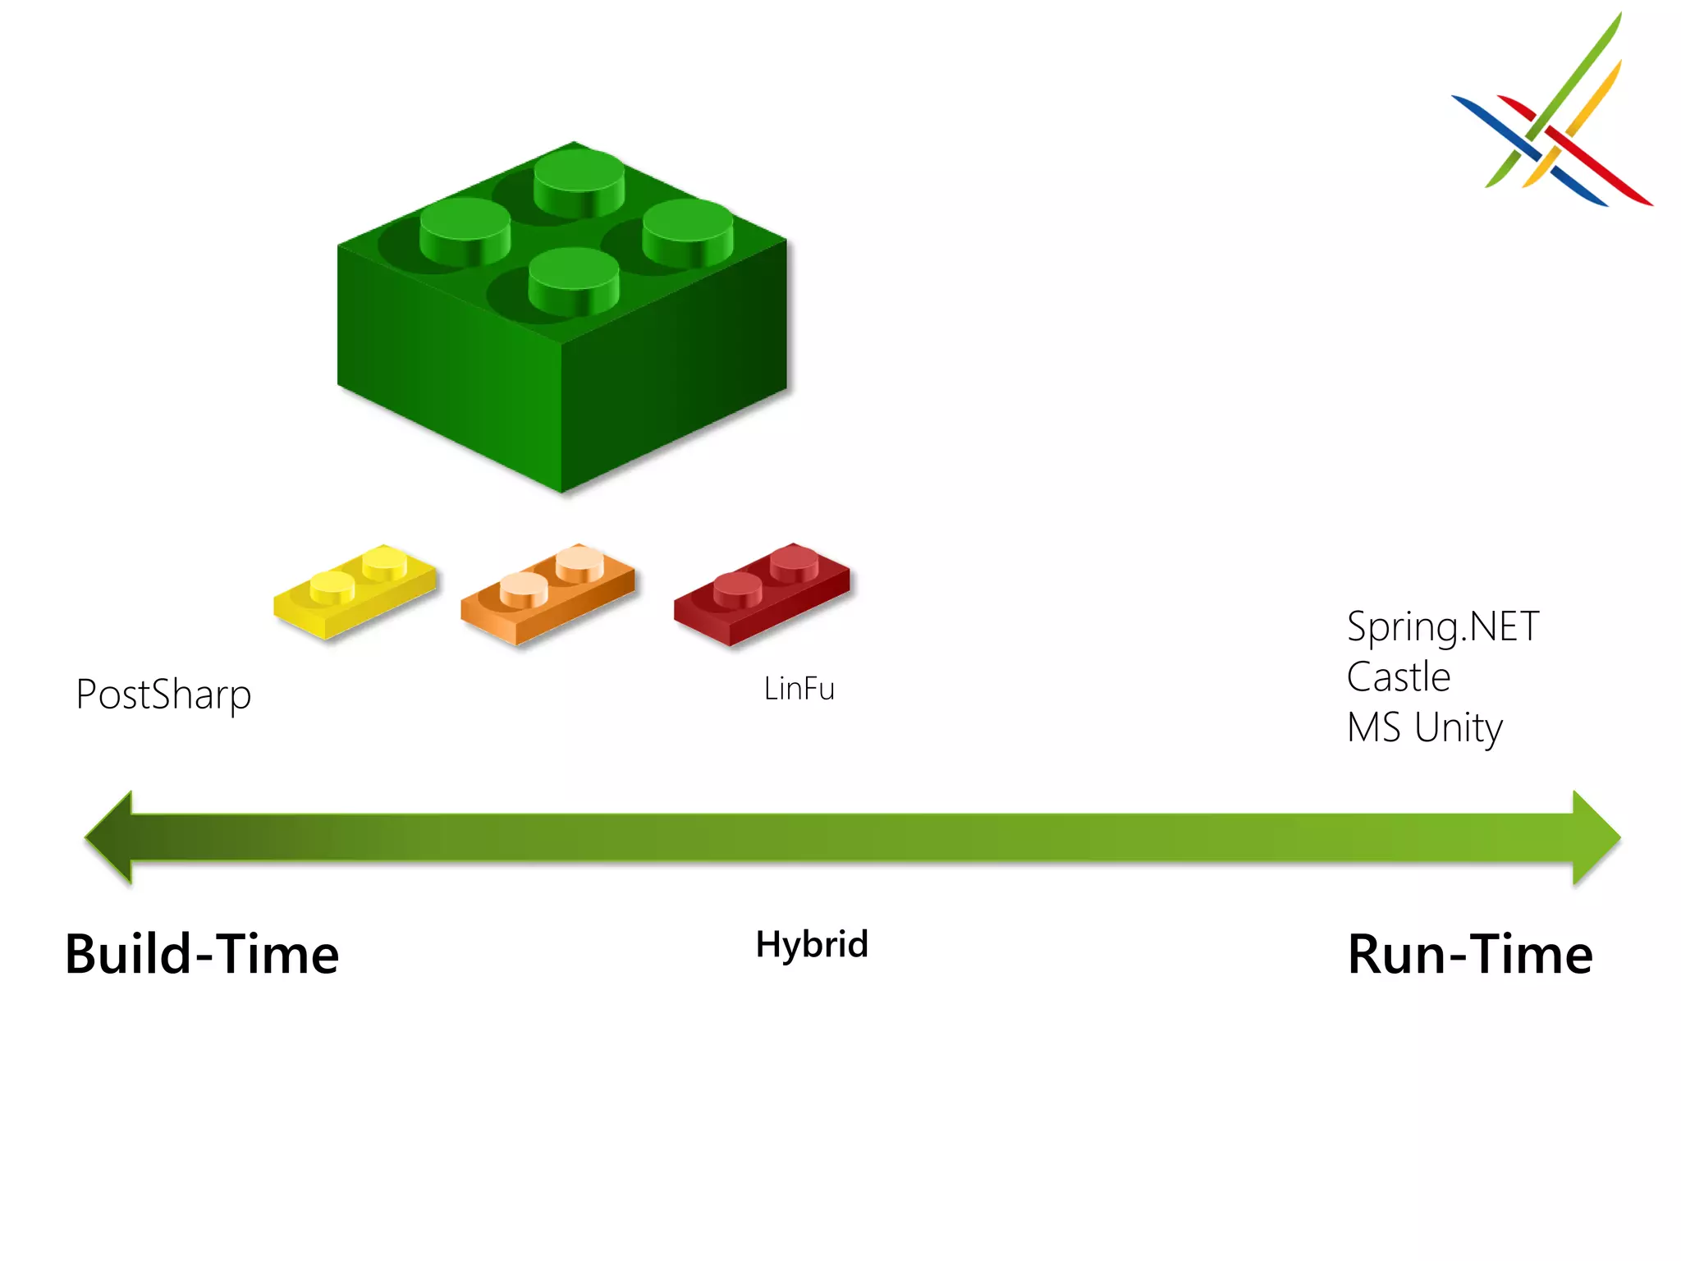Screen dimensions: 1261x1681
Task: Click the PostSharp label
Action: coord(163,695)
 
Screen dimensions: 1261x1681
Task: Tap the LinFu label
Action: coord(799,689)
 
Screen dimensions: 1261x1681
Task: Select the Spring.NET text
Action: coord(1443,627)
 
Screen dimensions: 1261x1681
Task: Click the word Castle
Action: coord(1399,677)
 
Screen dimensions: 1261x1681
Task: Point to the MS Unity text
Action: coord(1425,727)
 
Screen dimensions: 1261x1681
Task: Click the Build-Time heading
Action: coord(202,955)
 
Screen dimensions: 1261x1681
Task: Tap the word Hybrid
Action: coord(812,944)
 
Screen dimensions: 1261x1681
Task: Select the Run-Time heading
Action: coord(1470,955)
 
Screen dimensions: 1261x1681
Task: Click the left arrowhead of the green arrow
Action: coord(111,837)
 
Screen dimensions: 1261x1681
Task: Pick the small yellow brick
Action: coord(355,590)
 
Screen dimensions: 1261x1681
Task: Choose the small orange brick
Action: coord(547,594)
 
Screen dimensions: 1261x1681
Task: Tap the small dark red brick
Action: coord(761,593)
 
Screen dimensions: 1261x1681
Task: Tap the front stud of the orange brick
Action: coord(524,588)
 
